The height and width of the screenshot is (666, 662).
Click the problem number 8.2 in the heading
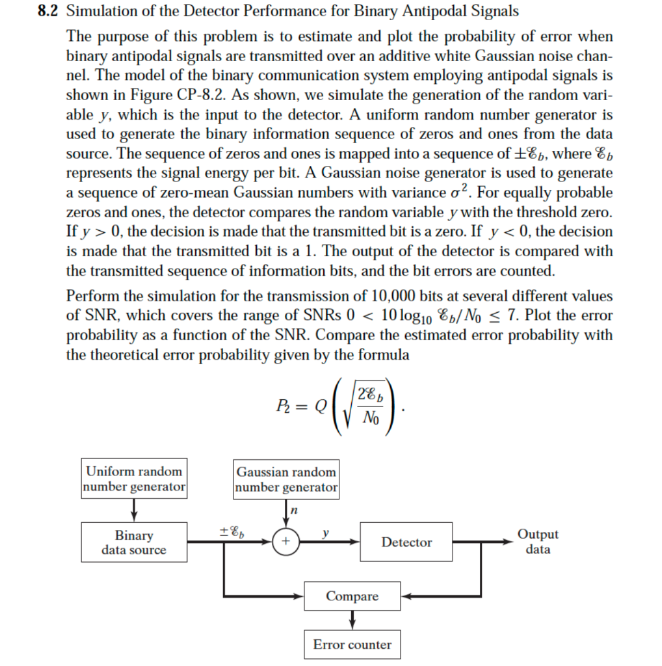pyautogui.click(x=51, y=11)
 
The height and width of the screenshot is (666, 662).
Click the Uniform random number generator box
pyautogui.click(x=135, y=479)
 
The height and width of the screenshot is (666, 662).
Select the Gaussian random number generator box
pyautogui.click(x=286, y=479)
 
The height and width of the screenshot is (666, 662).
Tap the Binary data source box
pyautogui.click(x=134, y=542)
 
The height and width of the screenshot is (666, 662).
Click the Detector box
pyautogui.click(x=406, y=542)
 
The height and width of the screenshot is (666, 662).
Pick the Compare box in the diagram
pyautogui.click(x=352, y=596)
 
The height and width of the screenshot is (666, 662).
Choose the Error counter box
pyautogui.click(x=352, y=645)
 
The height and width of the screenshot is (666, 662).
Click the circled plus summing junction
pyautogui.click(x=286, y=542)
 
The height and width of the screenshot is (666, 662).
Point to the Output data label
pyautogui.click(x=538, y=542)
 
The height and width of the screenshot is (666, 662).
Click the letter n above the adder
pyautogui.click(x=293, y=511)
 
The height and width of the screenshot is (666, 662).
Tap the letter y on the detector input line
pyautogui.click(x=326, y=532)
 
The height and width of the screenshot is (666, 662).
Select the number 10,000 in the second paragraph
pyautogui.click(x=397, y=296)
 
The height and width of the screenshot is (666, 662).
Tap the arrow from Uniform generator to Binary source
pyautogui.click(x=134, y=510)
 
